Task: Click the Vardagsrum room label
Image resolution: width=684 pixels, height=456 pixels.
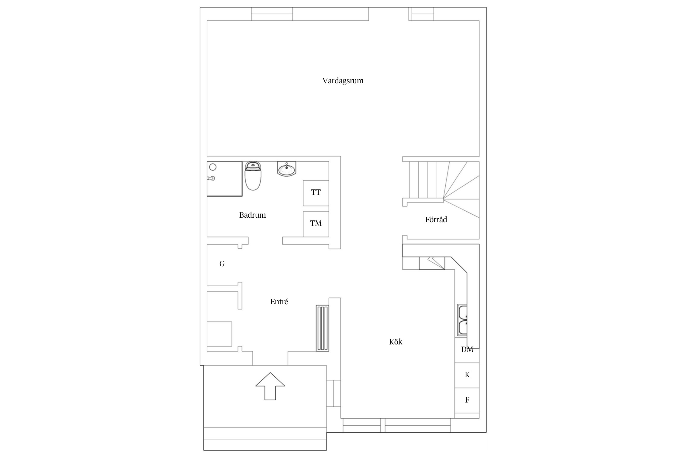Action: point(343,81)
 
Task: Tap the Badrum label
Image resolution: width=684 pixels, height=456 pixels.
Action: point(252,215)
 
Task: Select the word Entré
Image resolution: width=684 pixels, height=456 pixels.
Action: point(279,302)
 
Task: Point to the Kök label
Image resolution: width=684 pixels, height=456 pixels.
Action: point(396,342)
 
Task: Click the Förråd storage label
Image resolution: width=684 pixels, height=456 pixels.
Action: point(436,219)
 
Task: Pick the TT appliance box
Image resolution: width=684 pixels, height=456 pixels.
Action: point(316,193)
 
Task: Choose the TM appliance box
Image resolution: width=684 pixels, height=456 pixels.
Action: point(316,224)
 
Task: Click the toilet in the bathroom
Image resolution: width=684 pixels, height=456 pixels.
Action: point(253,176)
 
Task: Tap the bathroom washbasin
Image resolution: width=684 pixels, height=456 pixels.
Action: point(286,169)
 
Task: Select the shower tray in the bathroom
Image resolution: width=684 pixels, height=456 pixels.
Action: point(225,179)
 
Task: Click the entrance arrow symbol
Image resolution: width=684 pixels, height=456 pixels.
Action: point(270,386)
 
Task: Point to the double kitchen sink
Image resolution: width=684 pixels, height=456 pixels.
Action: point(462,320)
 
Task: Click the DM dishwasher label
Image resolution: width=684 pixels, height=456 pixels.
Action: point(467,350)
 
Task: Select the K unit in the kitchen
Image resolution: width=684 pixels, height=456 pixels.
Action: point(467,375)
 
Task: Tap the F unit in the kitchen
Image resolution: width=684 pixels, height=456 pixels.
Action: point(467,400)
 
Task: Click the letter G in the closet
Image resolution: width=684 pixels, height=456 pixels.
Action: point(222,264)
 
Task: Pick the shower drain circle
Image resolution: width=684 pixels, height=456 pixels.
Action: point(213,167)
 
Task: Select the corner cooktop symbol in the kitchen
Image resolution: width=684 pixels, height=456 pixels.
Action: point(432,263)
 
